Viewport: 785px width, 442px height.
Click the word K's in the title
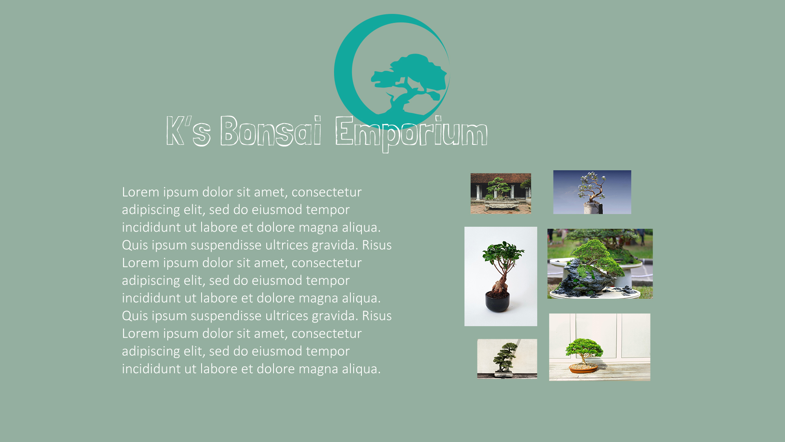click(188, 131)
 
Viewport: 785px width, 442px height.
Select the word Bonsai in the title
click(271, 131)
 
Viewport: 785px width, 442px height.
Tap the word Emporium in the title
click(411, 133)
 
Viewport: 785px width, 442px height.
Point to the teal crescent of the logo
click(343, 74)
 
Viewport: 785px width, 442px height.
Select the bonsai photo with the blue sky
click(592, 192)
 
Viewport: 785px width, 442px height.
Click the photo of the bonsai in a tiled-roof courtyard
click(501, 193)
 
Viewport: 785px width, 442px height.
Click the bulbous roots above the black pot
click(500, 285)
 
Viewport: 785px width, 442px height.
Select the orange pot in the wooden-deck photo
click(583, 368)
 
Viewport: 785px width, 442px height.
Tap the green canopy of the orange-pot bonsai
click(584, 348)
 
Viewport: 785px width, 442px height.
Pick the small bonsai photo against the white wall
click(507, 359)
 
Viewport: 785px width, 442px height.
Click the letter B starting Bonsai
click(229, 131)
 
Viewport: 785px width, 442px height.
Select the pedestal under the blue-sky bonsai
click(593, 208)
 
